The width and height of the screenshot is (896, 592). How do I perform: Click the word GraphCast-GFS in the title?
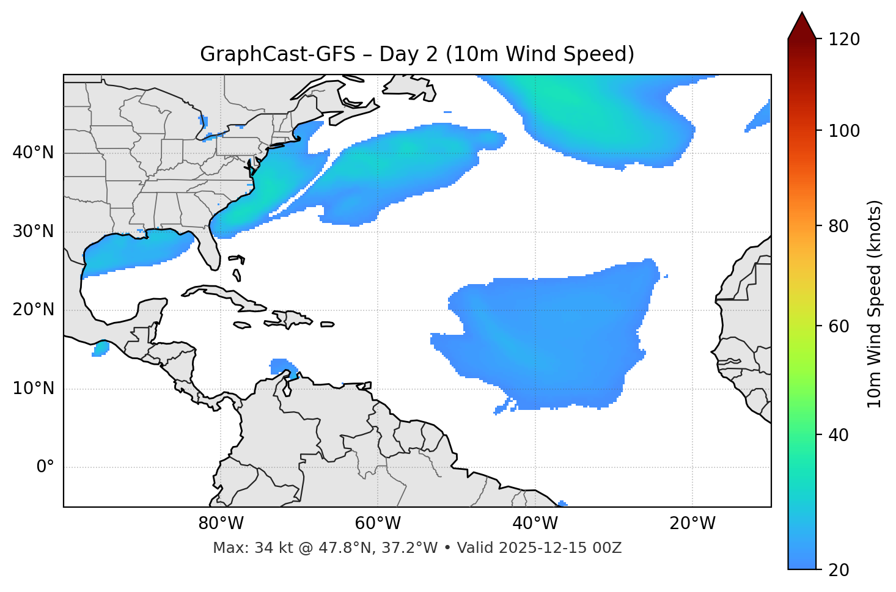(x=277, y=54)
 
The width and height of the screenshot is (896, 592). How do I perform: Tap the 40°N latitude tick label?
(x=33, y=152)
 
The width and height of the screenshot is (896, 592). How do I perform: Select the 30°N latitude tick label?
(x=33, y=232)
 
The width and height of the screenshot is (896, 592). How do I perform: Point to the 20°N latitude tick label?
(x=33, y=310)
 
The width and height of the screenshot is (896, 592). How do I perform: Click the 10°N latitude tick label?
(x=33, y=389)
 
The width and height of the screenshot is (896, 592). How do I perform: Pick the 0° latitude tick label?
(x=45, y=467)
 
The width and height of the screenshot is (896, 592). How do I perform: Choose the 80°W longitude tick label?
(x=221, y=524)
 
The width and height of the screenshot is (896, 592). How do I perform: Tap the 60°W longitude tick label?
(x=378, y=524)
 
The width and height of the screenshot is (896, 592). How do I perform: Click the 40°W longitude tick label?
(x=535, y=524)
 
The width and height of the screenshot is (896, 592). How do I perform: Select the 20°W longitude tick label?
(x=692, y=524)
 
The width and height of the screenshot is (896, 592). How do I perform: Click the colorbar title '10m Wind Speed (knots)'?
(x=875, y=304)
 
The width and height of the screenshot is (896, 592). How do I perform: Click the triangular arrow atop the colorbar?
(x=802, y=26)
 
